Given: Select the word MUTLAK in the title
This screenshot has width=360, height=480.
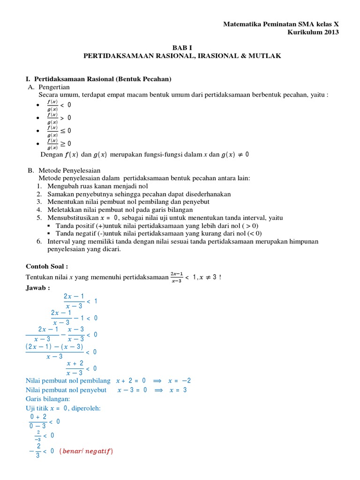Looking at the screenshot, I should pos(266,56).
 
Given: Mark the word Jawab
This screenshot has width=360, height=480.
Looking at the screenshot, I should pos(37,287).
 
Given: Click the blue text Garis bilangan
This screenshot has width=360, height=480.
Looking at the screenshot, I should pos(48,398).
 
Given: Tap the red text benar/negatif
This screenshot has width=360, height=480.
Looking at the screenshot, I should pos(87,451).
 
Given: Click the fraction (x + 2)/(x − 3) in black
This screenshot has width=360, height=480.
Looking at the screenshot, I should pos(75,368).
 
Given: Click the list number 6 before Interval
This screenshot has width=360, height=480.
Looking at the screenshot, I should pos(39,241).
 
